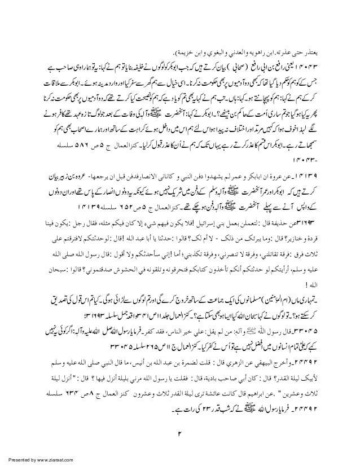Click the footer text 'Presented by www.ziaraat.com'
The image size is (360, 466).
click(x=37, y=459)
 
